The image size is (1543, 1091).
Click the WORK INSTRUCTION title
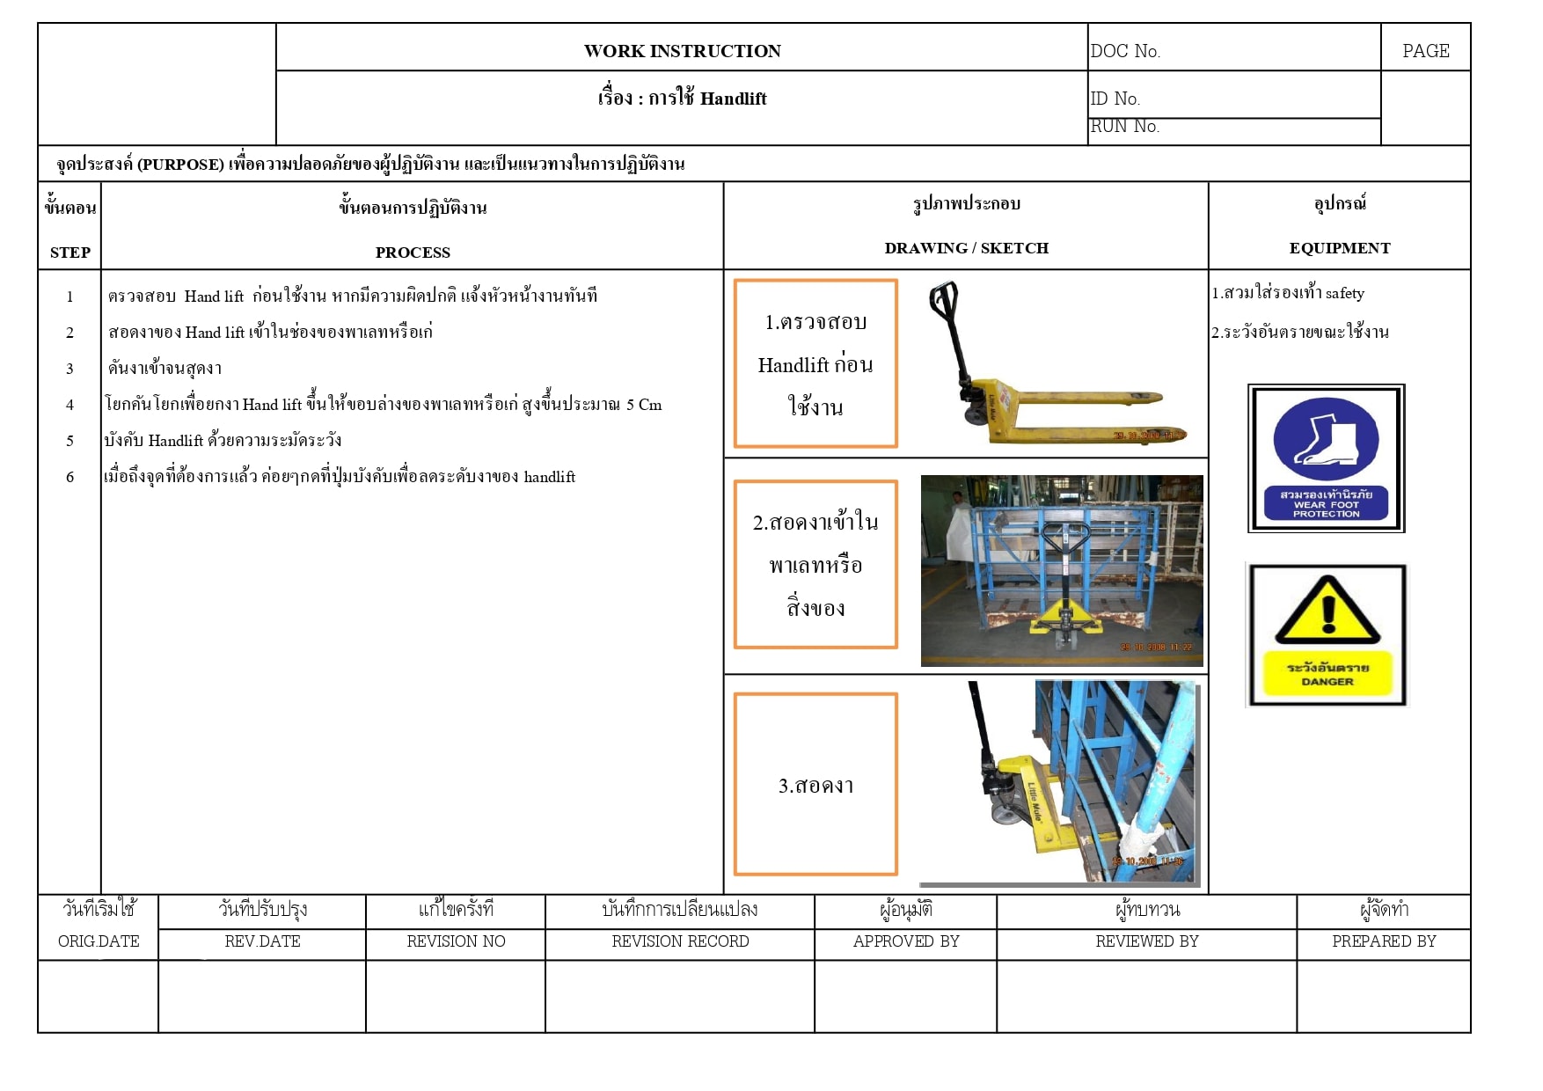(682, 51)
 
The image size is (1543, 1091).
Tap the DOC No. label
(1125, 51)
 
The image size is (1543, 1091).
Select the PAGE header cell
(1425, 51)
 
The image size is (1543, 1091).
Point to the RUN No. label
(1125, 127)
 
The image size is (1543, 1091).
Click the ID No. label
(1115, 99)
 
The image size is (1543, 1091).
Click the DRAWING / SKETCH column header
(966, 248)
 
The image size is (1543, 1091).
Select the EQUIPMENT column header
(1340, 248)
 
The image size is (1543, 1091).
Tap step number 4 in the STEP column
(69, 405)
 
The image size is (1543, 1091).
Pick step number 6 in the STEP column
(69, 477)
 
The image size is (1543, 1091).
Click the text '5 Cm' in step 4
(644, 405)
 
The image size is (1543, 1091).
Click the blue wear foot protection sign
(1326, 458)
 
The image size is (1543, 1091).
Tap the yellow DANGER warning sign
(1327, 635)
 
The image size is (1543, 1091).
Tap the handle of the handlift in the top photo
(943, 301)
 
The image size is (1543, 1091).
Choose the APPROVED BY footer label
(906, 941)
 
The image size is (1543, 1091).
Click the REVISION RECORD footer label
(680, 941)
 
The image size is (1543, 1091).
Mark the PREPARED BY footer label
(1384, 941)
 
